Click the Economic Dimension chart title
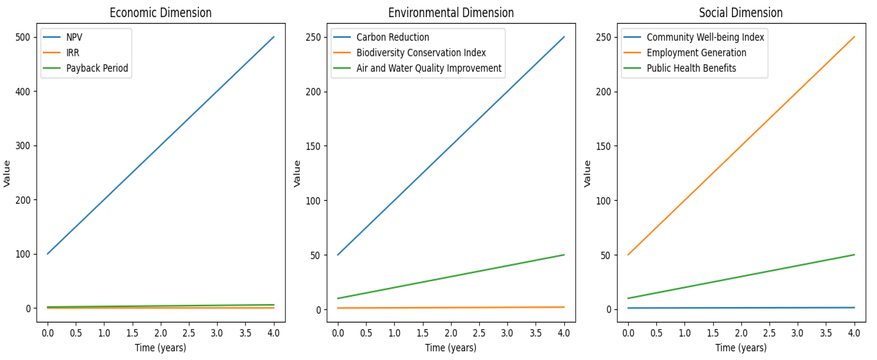pyautogui.click(x=160, y=13)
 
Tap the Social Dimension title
pyautogui.click(x=741, y=13)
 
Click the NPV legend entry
pyautogui.click(x=74, y=37)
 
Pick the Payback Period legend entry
pyautogui.click(x=97, y=68)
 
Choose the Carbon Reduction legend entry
pyautogui.click(x=393, y=37)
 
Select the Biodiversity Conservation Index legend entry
pyautogui.click(x=421, y=53)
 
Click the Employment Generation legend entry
pyautogui.click(x=696, y=53)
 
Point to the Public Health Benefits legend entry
pyautogui.click(x=691, y=68)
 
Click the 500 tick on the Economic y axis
pyautogui.click(x=23, y=37)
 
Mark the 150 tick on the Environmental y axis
pyautogui.click(x=313, y=146)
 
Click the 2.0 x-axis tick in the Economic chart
pyautogui.click(x=161, y=333)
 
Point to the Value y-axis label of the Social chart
pyautogui.click(x=587, y=174)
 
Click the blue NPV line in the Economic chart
pyautogui.click(x=161, y=145)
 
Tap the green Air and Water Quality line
pyautogui.click(x=451, y=277)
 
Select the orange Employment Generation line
pyautogui.click(x=741, y=146)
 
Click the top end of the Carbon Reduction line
pyautogui.click(x=564, y=37)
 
